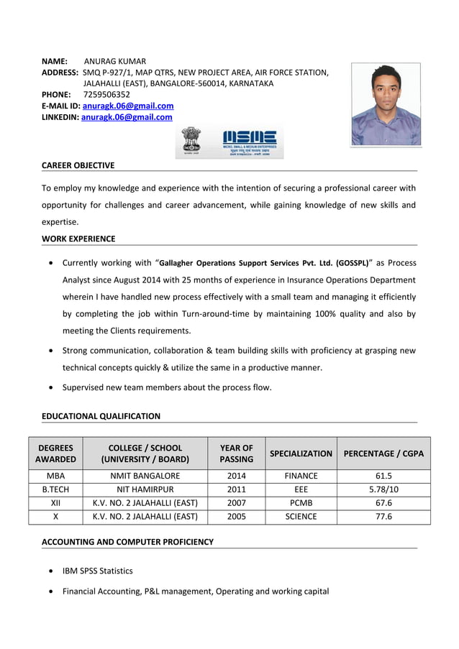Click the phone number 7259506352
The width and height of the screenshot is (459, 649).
[106, 94]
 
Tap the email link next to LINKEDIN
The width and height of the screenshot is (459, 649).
[127, 117]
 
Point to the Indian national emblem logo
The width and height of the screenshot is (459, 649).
[191, 142]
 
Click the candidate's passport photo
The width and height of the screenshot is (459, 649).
[386, 104]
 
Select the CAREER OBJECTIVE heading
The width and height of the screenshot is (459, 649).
[78, 165]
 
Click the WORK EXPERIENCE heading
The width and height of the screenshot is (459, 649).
[78, 239]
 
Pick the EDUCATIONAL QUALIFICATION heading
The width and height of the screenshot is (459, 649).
[101, 416]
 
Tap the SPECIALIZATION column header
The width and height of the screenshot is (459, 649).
[300, 454]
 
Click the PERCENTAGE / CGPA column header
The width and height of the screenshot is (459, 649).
[383, 454]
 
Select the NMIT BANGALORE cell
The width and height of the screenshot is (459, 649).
[145, 476]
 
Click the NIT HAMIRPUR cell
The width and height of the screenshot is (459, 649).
[145, 489]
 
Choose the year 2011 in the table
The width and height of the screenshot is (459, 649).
[236, 489]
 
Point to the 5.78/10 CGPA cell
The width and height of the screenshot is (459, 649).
[383, 489]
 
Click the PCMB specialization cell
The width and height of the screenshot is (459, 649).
[300, 503]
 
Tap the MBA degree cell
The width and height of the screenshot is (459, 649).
[55, 476]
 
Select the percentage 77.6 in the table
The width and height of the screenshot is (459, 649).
[383, 517]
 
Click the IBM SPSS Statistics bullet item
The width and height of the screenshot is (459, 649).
[97, 571]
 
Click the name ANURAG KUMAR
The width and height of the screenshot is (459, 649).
[115, 62]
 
